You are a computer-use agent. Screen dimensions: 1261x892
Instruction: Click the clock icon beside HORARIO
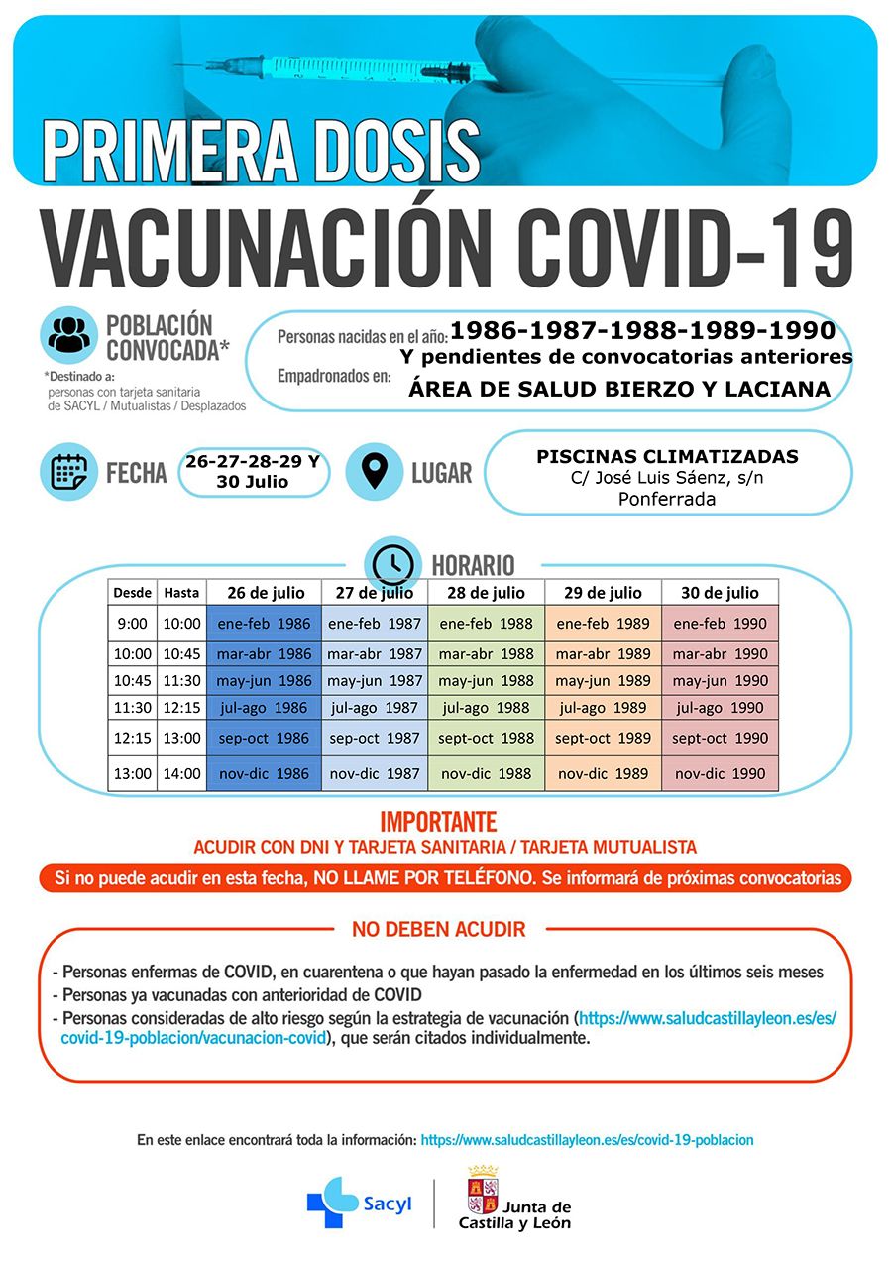(x=393, y=563)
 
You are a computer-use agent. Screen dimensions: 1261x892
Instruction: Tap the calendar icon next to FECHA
(x=69, y=472)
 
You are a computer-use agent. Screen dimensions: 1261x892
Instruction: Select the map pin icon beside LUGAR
(x=374, y=472)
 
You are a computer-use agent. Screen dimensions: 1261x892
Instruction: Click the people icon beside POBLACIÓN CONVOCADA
(x=69, y=334)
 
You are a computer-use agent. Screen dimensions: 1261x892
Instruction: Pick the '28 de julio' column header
(x=486, y=593)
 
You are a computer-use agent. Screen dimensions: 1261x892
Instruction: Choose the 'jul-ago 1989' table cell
(x=603, y=708)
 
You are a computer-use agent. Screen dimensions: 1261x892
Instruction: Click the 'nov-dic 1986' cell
(x=264, y=773)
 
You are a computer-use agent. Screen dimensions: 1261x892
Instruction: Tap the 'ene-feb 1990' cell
(x=720, y=624)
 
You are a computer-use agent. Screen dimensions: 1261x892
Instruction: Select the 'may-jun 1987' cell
(x=375, y=681)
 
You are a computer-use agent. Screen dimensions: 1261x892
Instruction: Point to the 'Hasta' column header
(x=181, y=593)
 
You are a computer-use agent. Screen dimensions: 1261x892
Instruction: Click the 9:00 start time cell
(x=132, y=624)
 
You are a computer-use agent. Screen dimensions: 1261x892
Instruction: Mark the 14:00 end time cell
(x=181, y=773)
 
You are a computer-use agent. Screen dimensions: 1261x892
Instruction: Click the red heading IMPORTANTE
(x=438, y=822)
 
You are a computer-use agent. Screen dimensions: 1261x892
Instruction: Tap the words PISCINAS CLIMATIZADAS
(x=667, y=457)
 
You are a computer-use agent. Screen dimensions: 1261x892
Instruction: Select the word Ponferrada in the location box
(x=667, y=499)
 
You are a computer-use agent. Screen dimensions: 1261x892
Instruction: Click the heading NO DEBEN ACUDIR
(x=438, y=930)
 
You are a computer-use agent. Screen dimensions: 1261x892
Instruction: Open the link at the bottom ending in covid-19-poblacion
(x=587, y=1140)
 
